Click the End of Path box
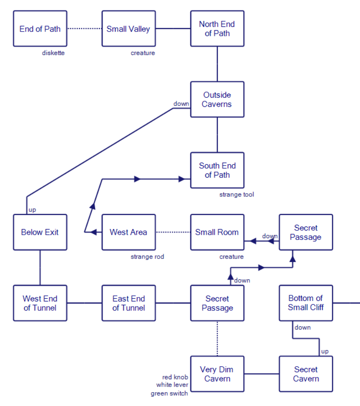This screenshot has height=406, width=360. (40, 29)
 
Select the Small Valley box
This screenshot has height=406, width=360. (129, 29)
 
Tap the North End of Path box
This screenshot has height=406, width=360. (217, 29)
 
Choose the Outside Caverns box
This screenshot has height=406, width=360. (217, 99)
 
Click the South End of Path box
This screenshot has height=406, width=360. (217, 170)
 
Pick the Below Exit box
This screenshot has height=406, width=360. (40, 232)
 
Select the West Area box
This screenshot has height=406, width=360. (129, 232)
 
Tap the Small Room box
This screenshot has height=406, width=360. (217, 232)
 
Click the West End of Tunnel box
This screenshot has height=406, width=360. (40, 303)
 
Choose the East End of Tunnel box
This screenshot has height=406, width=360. (129, 303)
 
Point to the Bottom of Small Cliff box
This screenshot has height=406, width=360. (306, 303)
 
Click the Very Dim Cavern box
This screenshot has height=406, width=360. (217, 374)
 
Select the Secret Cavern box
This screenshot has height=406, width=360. (306, 374)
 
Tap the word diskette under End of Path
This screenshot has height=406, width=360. (53, 53)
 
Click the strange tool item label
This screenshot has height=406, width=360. (236, 195)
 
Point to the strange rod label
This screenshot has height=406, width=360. (147, 257)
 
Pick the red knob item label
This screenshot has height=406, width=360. (175, 377)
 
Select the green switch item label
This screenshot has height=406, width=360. (169, 393)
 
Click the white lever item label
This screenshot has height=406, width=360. (172, 385)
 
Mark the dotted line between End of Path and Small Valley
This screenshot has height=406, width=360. (84, 29)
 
